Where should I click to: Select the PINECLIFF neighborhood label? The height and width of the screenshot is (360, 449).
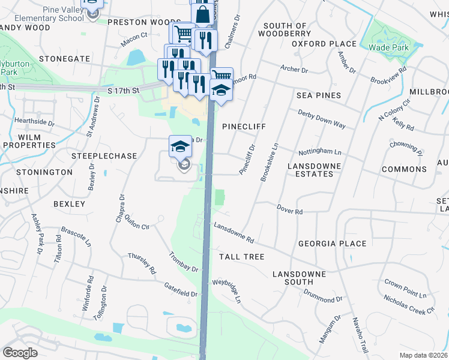tap(244, 127)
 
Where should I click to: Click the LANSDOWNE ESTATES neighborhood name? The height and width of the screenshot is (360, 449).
tap(314, 170)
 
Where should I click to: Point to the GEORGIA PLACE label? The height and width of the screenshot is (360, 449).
tap(332, 244)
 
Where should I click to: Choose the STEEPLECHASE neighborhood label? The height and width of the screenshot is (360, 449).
tap(104, 156)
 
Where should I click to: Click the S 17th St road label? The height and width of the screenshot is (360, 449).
tap(123, 91)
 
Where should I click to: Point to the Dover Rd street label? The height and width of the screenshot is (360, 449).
tap(289, 208)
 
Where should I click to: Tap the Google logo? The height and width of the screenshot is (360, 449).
tap(20, 353)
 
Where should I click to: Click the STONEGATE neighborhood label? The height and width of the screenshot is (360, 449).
tap(64, 59)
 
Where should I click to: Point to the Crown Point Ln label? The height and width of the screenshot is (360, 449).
tap(405, 289)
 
